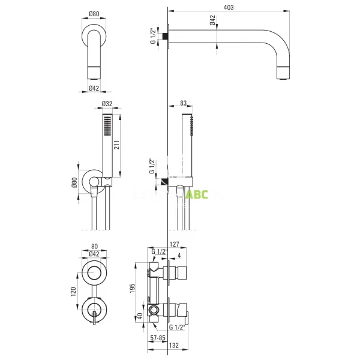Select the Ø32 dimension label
107,103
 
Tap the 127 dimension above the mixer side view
175,244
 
